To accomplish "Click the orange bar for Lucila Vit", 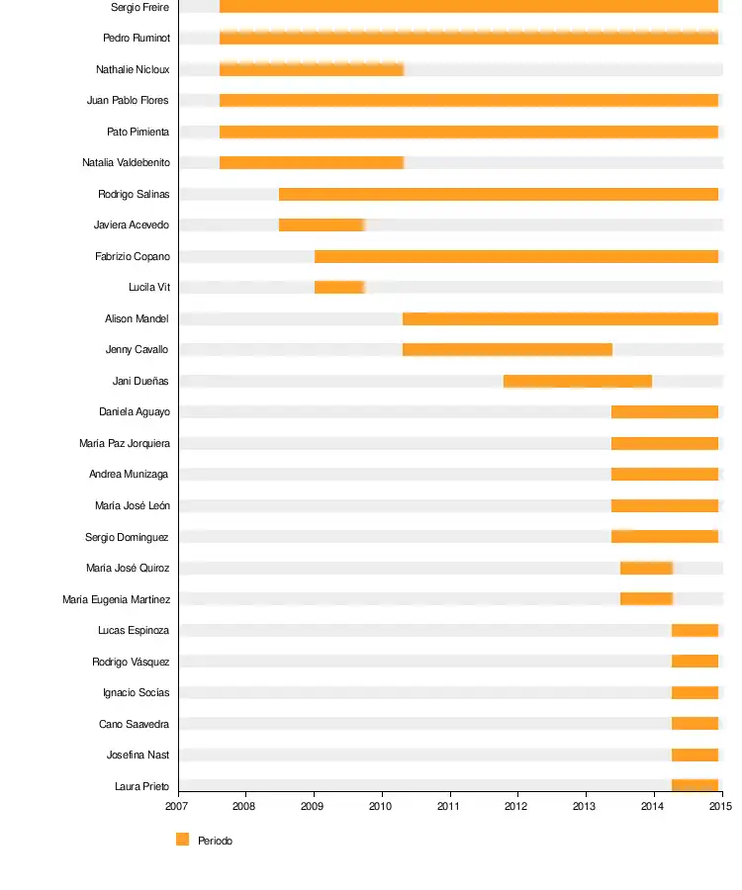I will pyautogui.click(x=339, y=288).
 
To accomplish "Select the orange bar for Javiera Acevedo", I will pyautogui.click(x=322, y=224).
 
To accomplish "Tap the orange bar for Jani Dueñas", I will pyautogui.click(x=577, y=381).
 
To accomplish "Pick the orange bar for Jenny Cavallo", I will pyautogui.click(x=507, y=349).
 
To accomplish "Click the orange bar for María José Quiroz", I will pyautogui.click(x=646, y=568).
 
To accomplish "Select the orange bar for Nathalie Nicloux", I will pyautogui.click(x=311, y=69).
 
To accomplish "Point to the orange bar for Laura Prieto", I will pyautogui.click(x=695, y=786).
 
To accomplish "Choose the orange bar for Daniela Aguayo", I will pyautogui.click(x=664, y=411).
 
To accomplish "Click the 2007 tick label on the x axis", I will pyautogui.click(x=178, y=806).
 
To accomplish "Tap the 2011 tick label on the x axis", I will pyautogui.click(x=450, y=806).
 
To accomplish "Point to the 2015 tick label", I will pyautogui.click(x=720, y=806).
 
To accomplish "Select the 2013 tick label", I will pyautogui.click(x=586, y=806).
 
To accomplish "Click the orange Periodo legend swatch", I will pyautogui.click(x=182, y=840).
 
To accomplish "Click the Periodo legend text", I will pyautogui.click(x=215, y=841).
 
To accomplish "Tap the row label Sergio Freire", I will pyautogui.click(x=139, y=7).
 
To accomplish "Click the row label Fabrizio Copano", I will pyautogui.click(x=133, y=256).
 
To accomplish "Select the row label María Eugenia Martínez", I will pyautogui.click(x=116, y=599).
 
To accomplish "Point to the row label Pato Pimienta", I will pyautogui.click(x=138, y=132).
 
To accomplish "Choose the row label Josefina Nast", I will pyautogui.click(x=138, y=755).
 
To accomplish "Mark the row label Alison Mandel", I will pyautogui.click(x=137, y=318).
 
